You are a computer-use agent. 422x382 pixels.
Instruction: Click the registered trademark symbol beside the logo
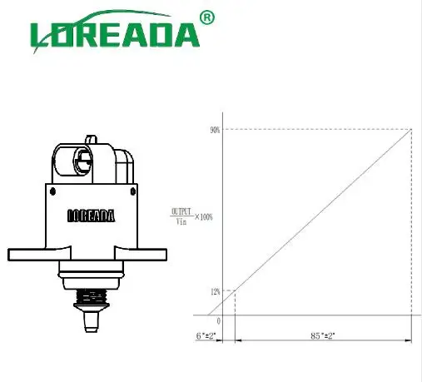pos(208,17)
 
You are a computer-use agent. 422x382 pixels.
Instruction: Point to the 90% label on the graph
pos(215,130)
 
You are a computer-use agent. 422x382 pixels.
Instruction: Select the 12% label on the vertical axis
pos(215,291)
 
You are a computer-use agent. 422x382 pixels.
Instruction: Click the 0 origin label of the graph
pos(218,320)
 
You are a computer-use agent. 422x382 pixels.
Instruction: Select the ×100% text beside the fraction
pos(203,216)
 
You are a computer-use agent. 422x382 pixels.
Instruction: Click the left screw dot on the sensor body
pos(52,191)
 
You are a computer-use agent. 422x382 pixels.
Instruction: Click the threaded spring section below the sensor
pos(91,296)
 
